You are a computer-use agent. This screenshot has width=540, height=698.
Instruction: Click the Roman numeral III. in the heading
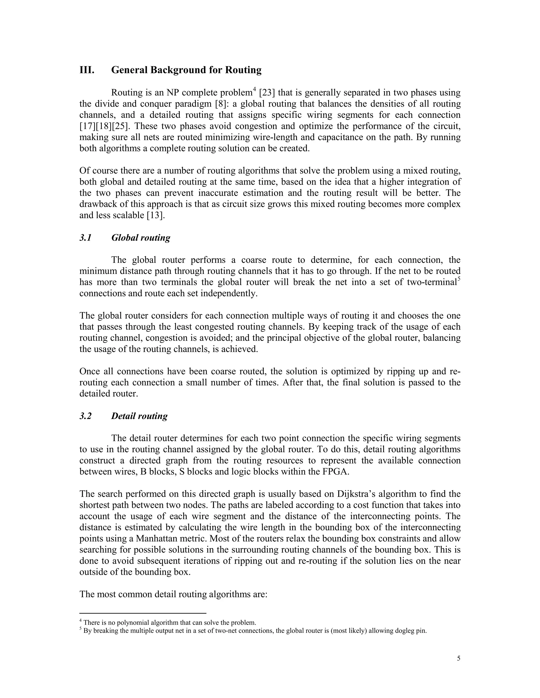pos(87,70)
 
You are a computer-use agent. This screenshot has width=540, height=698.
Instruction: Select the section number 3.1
pos(85,238)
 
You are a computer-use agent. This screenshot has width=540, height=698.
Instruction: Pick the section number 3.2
pos(85,416)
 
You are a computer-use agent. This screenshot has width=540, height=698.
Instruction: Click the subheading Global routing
pos(141,238)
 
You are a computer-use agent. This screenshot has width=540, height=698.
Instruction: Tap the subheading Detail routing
pos(139,416)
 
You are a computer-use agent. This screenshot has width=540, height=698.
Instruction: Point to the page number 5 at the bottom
pos(459,658)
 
